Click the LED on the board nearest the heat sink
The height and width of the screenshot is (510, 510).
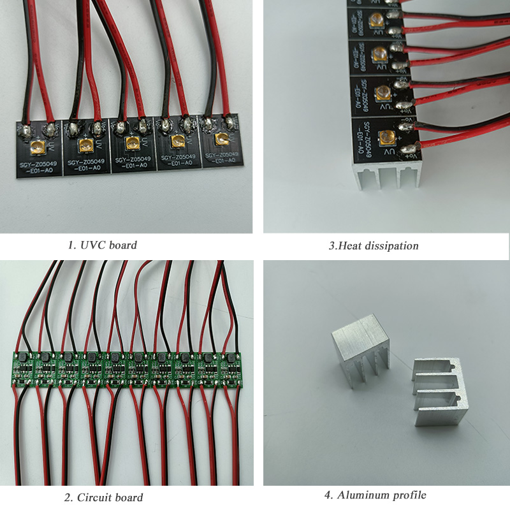386,136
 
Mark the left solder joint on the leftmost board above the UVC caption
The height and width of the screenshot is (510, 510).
24,131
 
